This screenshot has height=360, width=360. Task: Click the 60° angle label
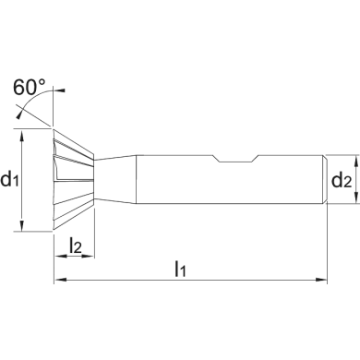[30, 87]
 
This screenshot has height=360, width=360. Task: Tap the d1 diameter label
[10, 179]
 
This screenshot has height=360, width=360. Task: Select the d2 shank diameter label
[342, 180]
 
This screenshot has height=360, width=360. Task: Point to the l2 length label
[76, 246]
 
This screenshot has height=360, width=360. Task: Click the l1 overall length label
[180, 269]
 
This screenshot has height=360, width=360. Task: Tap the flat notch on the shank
[236, 158]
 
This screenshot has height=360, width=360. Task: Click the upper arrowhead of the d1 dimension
[21, 135]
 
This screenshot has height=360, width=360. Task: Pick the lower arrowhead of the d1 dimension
[21, 225]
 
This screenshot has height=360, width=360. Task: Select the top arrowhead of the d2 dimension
[356, 161]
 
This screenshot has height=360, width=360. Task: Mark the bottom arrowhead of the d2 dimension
[356, 198]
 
